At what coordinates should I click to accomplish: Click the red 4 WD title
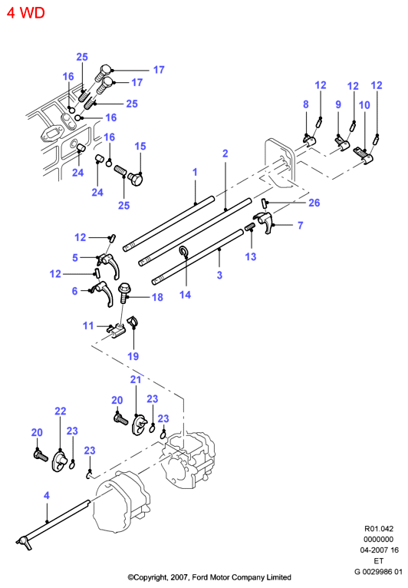pos(26,13)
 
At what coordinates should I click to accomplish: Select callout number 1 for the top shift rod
pos(195,172)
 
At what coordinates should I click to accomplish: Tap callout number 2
pos(225,154)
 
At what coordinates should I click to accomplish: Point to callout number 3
pos(219,275)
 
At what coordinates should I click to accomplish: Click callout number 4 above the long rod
pos(47,496)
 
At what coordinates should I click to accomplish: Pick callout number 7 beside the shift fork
pos(300,226)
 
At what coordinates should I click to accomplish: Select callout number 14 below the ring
pos(185,295)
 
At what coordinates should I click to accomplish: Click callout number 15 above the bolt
pos(140,147)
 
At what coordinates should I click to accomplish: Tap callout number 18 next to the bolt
pos(157,297)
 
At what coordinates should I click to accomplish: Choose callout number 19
pos(133,356)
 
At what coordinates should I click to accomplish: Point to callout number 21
pos(136,380)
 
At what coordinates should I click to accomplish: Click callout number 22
pos(61,411)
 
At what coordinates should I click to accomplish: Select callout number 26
pos(314,203)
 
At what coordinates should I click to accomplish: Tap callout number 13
pos(251,256)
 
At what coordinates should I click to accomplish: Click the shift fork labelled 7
pos(265,221)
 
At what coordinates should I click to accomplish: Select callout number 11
pos(88,325)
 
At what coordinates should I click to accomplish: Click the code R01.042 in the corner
pos(379,529)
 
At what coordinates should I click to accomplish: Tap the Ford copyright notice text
pos(209,577)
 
